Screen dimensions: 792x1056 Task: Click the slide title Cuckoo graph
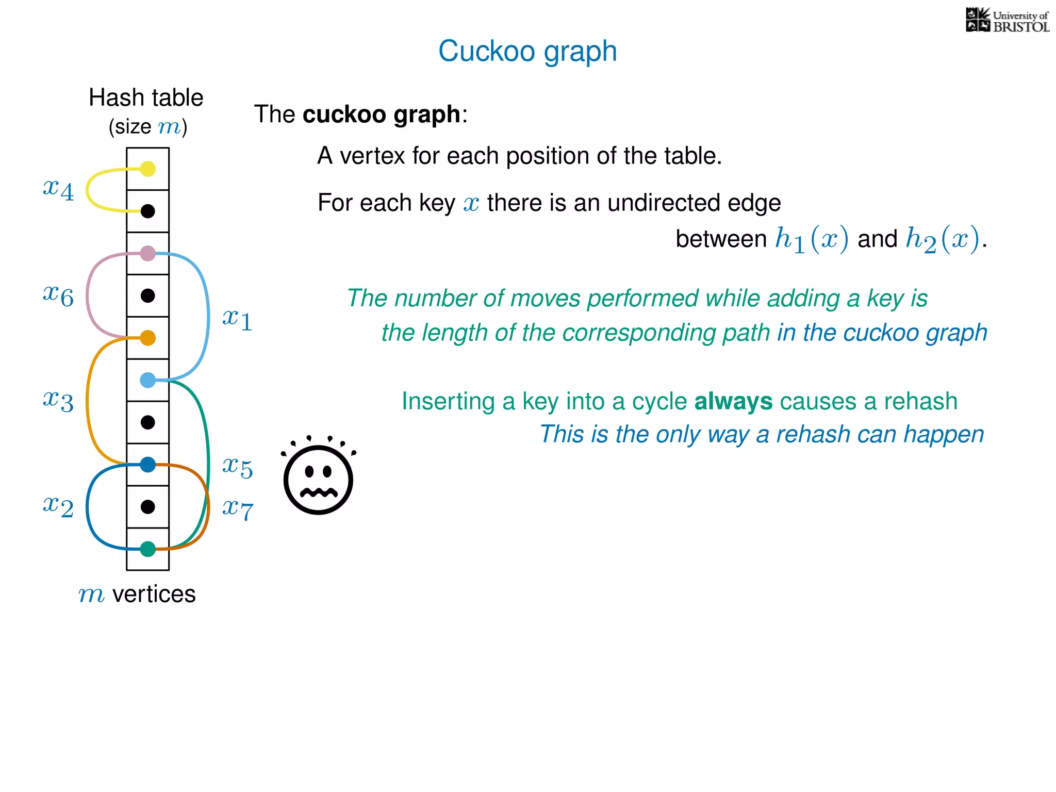[x=527, y=51]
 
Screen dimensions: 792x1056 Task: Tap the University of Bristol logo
[x=1007, y=21]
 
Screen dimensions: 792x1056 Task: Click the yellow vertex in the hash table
[x=148, y=169]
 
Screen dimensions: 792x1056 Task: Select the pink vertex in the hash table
[x=148, y=253]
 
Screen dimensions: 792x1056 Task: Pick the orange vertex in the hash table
[x=148, y=338]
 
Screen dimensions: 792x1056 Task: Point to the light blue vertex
[x=148, y=380]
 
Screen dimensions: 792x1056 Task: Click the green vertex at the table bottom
[x=148, y=549]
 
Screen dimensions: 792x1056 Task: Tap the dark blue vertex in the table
[x=148, y=465]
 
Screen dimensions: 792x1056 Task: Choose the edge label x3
[x=58, y=401]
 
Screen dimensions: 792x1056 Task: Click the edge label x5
[x=237, y=467]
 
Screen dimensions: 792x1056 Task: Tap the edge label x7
[x=237, y=509]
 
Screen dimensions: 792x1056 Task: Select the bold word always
[x=733, y=401]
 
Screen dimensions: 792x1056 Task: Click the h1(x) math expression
[x=812, y=240]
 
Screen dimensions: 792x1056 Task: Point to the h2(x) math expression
[x=942, y=240]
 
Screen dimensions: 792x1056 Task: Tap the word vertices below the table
[x=154, y=594]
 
